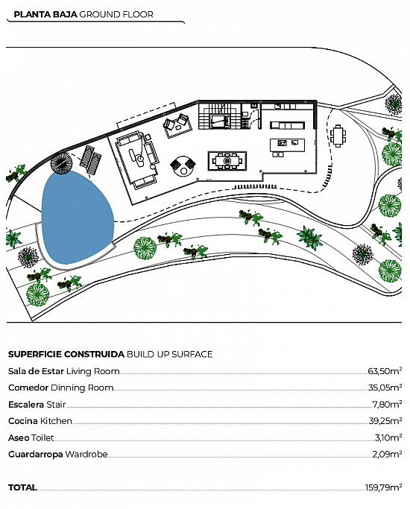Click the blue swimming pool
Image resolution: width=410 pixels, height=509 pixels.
(78, 218)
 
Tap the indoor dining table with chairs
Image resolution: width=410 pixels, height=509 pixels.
(227, 161)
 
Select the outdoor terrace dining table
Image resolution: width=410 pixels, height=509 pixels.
(338, 136)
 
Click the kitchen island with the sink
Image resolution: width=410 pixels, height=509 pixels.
(287, 145)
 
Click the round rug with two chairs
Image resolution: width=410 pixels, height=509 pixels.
(183, 166)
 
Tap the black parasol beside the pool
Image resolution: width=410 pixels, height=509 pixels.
(61, 163)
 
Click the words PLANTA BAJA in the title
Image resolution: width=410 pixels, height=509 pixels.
(45, 14)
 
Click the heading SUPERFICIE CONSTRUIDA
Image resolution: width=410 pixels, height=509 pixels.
(66, 354)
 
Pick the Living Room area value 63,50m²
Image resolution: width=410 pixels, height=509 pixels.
(385, 370)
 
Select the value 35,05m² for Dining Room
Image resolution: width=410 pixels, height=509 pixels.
(385, 388)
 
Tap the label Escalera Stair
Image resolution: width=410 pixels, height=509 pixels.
(37, 405)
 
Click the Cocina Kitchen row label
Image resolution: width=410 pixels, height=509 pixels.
(40, 421)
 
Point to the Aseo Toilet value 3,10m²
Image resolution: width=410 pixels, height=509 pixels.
(388, 437)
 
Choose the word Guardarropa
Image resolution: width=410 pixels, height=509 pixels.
(35, 454)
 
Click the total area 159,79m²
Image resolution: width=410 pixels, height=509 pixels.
(383, 487)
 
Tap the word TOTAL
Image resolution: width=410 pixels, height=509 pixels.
(22, 487)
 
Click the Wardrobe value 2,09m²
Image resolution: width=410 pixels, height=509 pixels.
(387, 454)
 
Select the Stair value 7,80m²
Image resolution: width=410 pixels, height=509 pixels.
(387, 404)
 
